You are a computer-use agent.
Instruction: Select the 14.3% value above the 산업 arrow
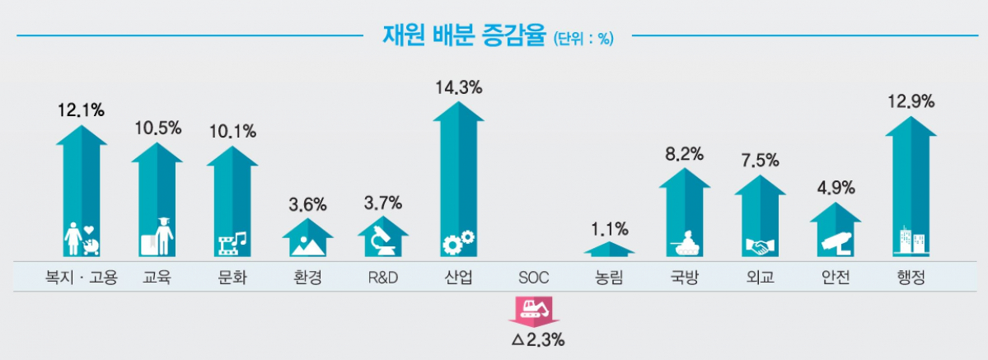pos(459,86)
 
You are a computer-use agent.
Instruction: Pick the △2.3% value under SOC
pos(537,339)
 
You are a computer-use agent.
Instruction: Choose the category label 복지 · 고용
pos(82,278)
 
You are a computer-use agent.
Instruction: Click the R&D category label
pos(383,278)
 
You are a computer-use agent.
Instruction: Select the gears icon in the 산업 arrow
pos(458,241)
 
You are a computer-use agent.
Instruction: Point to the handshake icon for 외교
pos(760,245)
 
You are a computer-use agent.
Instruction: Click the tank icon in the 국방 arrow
pos(685,241)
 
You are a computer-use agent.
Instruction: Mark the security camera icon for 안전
pos(835,240)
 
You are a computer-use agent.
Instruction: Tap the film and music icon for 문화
pos(232,241)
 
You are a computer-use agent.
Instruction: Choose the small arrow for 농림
pos(609,248)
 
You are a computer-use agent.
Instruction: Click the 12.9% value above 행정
pos(910,102)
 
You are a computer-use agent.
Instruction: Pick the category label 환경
pos(307,278)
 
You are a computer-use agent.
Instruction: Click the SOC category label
pos(534,278)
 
